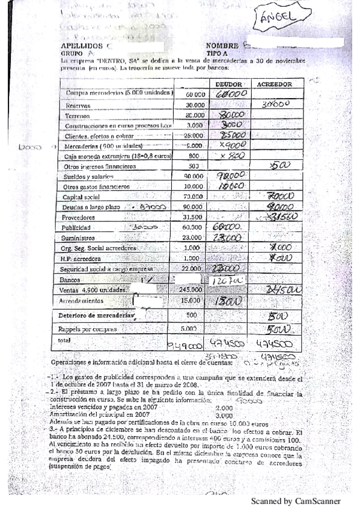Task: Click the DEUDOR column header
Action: [228, 85]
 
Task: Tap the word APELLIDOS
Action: [82, 46]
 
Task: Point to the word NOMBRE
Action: [222, 46]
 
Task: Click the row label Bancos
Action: [71, 280]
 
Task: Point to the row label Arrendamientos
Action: [82, 300]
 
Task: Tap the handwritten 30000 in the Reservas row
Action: [276, 104]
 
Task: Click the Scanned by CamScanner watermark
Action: [295, 500]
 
